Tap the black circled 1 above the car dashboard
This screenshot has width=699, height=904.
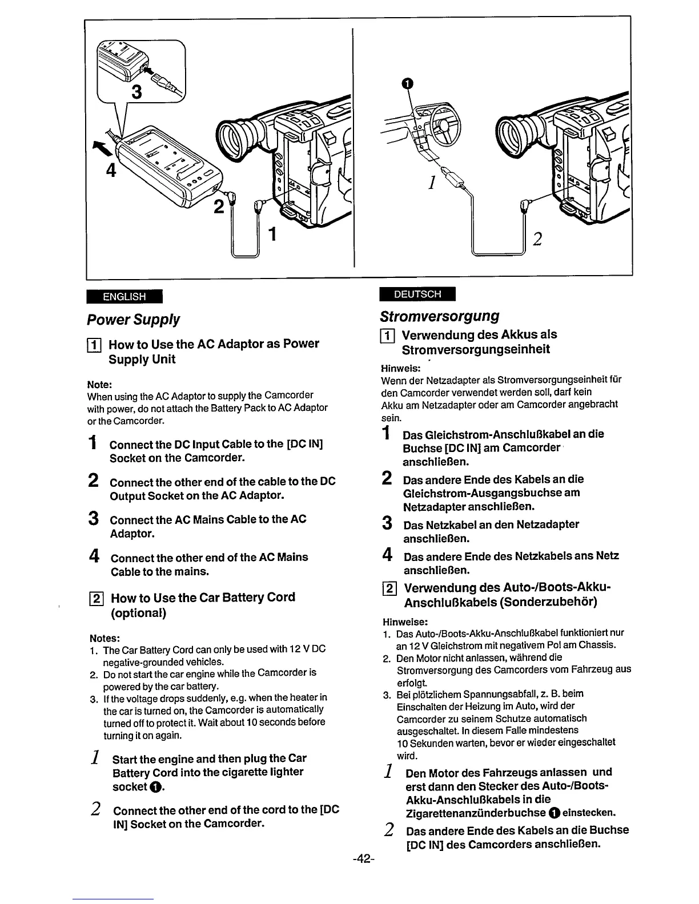[405, 83]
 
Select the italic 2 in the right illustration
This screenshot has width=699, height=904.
[537, 239]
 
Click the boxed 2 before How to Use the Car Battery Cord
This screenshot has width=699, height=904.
[97, 599]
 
